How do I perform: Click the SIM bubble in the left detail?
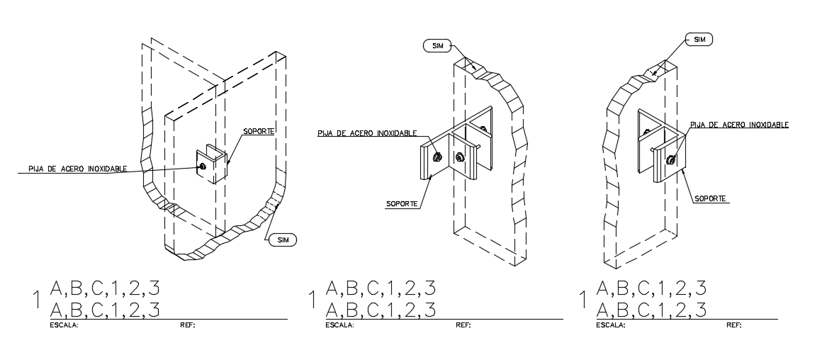(283, 241)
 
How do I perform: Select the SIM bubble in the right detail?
(699, 40)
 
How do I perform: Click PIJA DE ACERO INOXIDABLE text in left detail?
(78, 169)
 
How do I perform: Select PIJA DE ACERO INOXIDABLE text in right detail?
(739, 125)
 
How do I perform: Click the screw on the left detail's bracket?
(203, 166)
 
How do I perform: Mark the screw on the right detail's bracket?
(670, 160)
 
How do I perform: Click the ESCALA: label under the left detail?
(64, 325)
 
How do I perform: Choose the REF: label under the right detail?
(733, 325)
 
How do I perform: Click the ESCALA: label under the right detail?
(611, 325)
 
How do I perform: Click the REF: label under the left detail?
(188, 325)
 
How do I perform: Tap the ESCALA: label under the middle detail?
(339, 325)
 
